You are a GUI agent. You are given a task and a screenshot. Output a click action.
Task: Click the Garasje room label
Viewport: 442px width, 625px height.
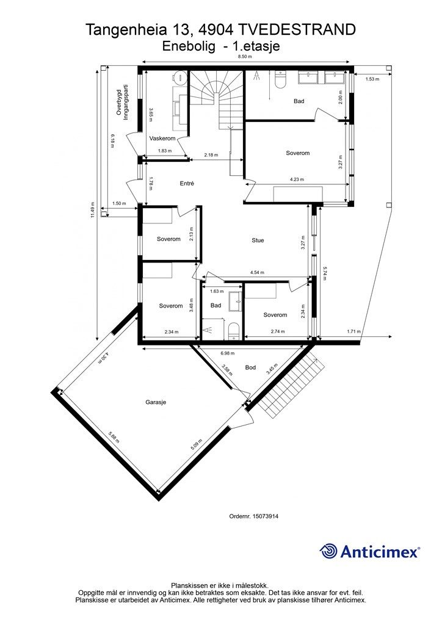pyautogui.click(x=156, y=402)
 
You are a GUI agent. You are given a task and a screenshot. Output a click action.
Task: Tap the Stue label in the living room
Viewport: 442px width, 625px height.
pyautogui.click(x=258, y=240)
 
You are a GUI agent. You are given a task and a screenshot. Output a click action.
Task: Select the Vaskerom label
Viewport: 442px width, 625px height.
pyautogui.click(x=162, y=139)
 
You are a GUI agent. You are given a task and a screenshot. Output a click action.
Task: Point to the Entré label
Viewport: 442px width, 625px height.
pyautogui.click(x=187, y=183)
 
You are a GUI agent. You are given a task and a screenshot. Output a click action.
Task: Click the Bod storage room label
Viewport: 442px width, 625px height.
pyautogui.click(x=250, y=368)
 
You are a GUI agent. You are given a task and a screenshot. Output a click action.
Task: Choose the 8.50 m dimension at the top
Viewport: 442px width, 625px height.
pyautogui.click(x=245, y=57)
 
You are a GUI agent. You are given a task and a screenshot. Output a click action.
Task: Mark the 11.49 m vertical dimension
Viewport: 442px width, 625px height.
pyautogui.click(x=92, y=209)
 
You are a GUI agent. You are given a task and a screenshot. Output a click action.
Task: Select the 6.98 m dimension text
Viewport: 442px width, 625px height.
pyautogui.click(x=226, y=353)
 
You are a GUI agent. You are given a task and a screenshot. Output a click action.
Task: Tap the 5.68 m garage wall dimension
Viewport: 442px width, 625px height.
pyautogui.click(x=113, y=439)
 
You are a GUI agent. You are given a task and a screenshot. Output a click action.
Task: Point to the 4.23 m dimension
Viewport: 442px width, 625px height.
pyautogui.click(x=297, y=179)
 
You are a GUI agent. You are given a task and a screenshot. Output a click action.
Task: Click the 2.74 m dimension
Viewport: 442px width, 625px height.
pyautogui.click(x=278, y=332)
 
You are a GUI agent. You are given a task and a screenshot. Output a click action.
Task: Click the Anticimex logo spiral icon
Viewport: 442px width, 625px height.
pyautogui.click(x=329, y=551)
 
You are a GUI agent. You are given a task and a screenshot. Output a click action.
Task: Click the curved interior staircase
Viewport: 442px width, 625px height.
pyautogui.click(x=217, y=101)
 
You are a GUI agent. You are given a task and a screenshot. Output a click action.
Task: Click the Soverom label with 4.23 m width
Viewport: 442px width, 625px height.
pyautogui.click(x=298, y=153)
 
